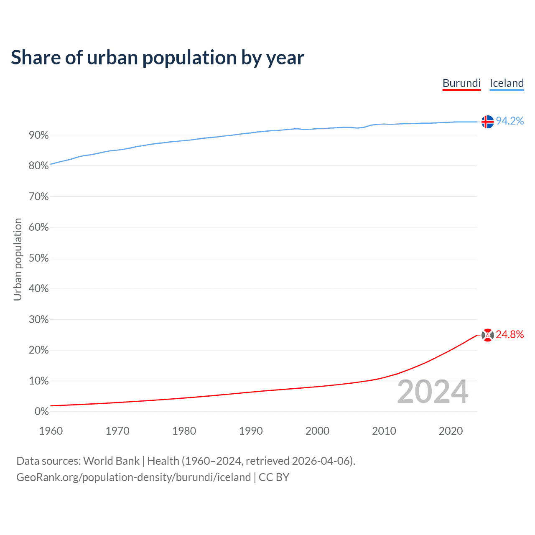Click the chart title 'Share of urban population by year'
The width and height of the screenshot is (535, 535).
[158, 58]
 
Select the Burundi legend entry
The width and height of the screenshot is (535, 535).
[461, 83]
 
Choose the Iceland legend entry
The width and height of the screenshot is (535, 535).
[507, 83]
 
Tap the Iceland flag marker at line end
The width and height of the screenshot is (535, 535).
[487, 122]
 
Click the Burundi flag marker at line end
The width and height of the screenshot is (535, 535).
[487, 335]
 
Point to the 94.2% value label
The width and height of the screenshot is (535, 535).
[510, 121]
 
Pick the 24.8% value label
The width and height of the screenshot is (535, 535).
[510, 334]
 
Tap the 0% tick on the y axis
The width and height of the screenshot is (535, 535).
[42, 412]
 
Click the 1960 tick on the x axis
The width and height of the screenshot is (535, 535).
[51, 431]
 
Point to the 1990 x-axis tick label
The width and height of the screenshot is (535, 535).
[251, 431]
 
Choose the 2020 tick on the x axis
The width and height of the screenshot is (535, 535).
[451, 431]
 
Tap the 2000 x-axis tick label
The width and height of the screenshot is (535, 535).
[317, 431]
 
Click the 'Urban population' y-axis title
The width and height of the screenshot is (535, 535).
[18, 259]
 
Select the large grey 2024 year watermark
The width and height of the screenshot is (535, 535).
[433, 392]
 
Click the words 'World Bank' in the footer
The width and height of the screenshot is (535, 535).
[111, 461]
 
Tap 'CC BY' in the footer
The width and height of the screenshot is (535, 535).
[274, 477]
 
